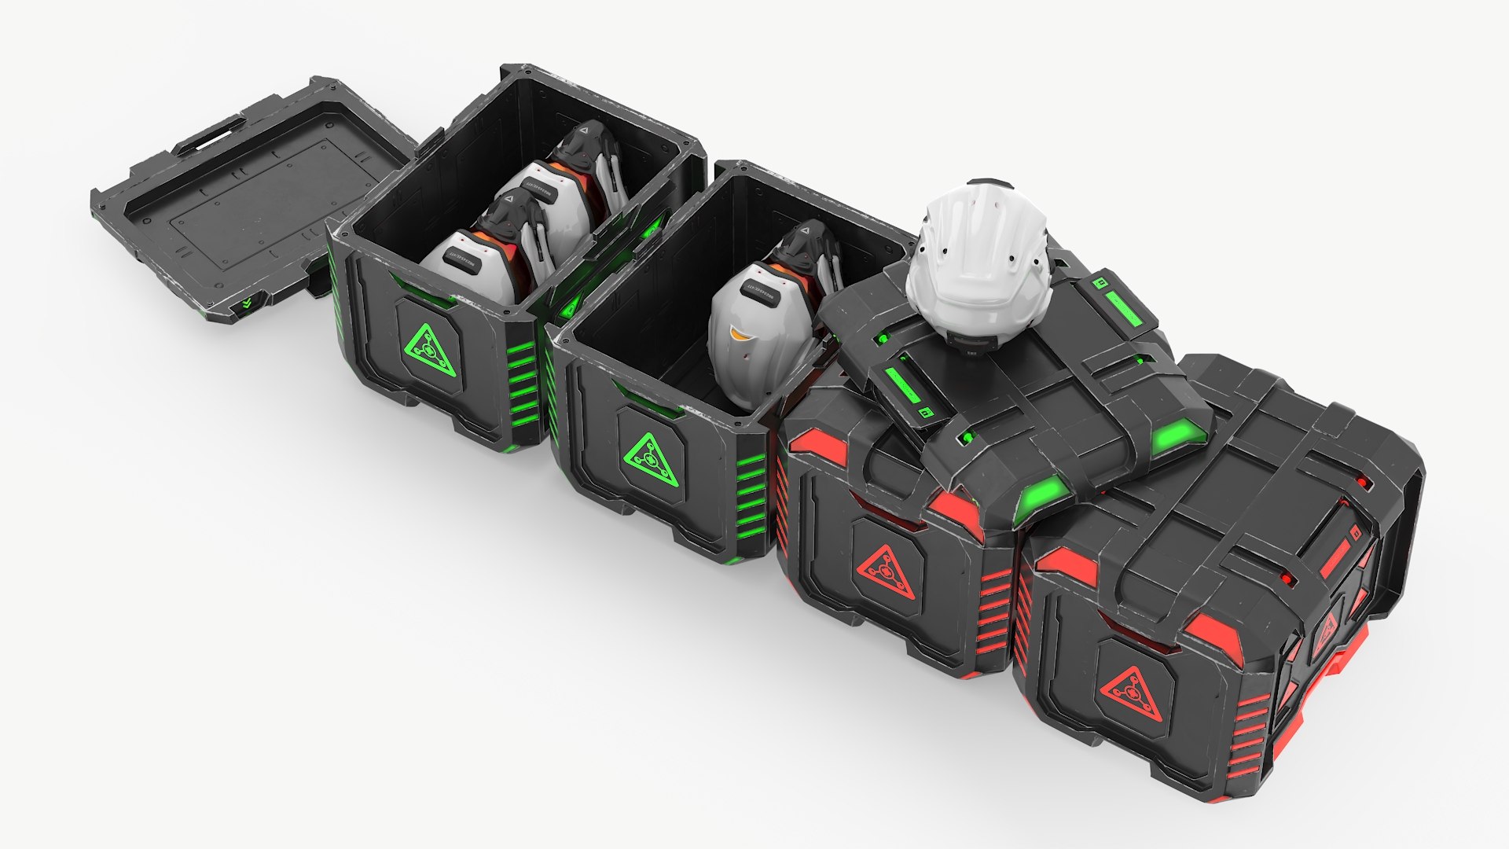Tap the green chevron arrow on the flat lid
click(248, 303)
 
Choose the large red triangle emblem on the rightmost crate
click(1129, 692)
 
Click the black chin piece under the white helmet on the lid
click(975, 338)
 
